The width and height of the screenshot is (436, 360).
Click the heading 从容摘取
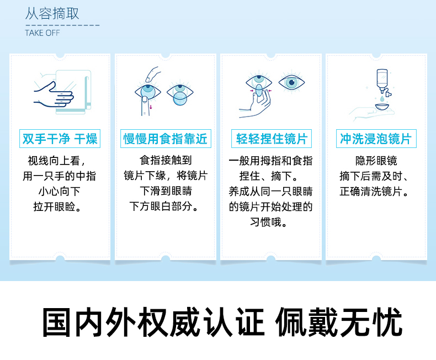(x=52, y=14)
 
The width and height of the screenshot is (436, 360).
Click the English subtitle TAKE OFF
(x=42, y=33)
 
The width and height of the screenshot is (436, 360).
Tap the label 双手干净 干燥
(x=60, y=139)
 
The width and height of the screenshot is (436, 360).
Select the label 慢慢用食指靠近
(x=166, y=139)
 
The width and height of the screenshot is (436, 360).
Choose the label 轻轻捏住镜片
(x=271, y=139)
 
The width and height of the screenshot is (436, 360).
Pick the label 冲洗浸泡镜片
(x=376, y=139)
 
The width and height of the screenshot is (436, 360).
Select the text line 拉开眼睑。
(x=60, y=208)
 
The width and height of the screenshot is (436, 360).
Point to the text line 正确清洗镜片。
(x=376, y=192)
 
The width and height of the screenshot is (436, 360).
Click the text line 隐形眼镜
(x=376, y=161)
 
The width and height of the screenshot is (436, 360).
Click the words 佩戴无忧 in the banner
(x=339, y=323)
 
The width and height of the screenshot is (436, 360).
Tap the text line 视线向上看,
(x=60, y=161)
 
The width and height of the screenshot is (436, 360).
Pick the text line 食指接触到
(x=166, y=161)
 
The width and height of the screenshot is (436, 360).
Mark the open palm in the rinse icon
(x=369, y=112)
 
